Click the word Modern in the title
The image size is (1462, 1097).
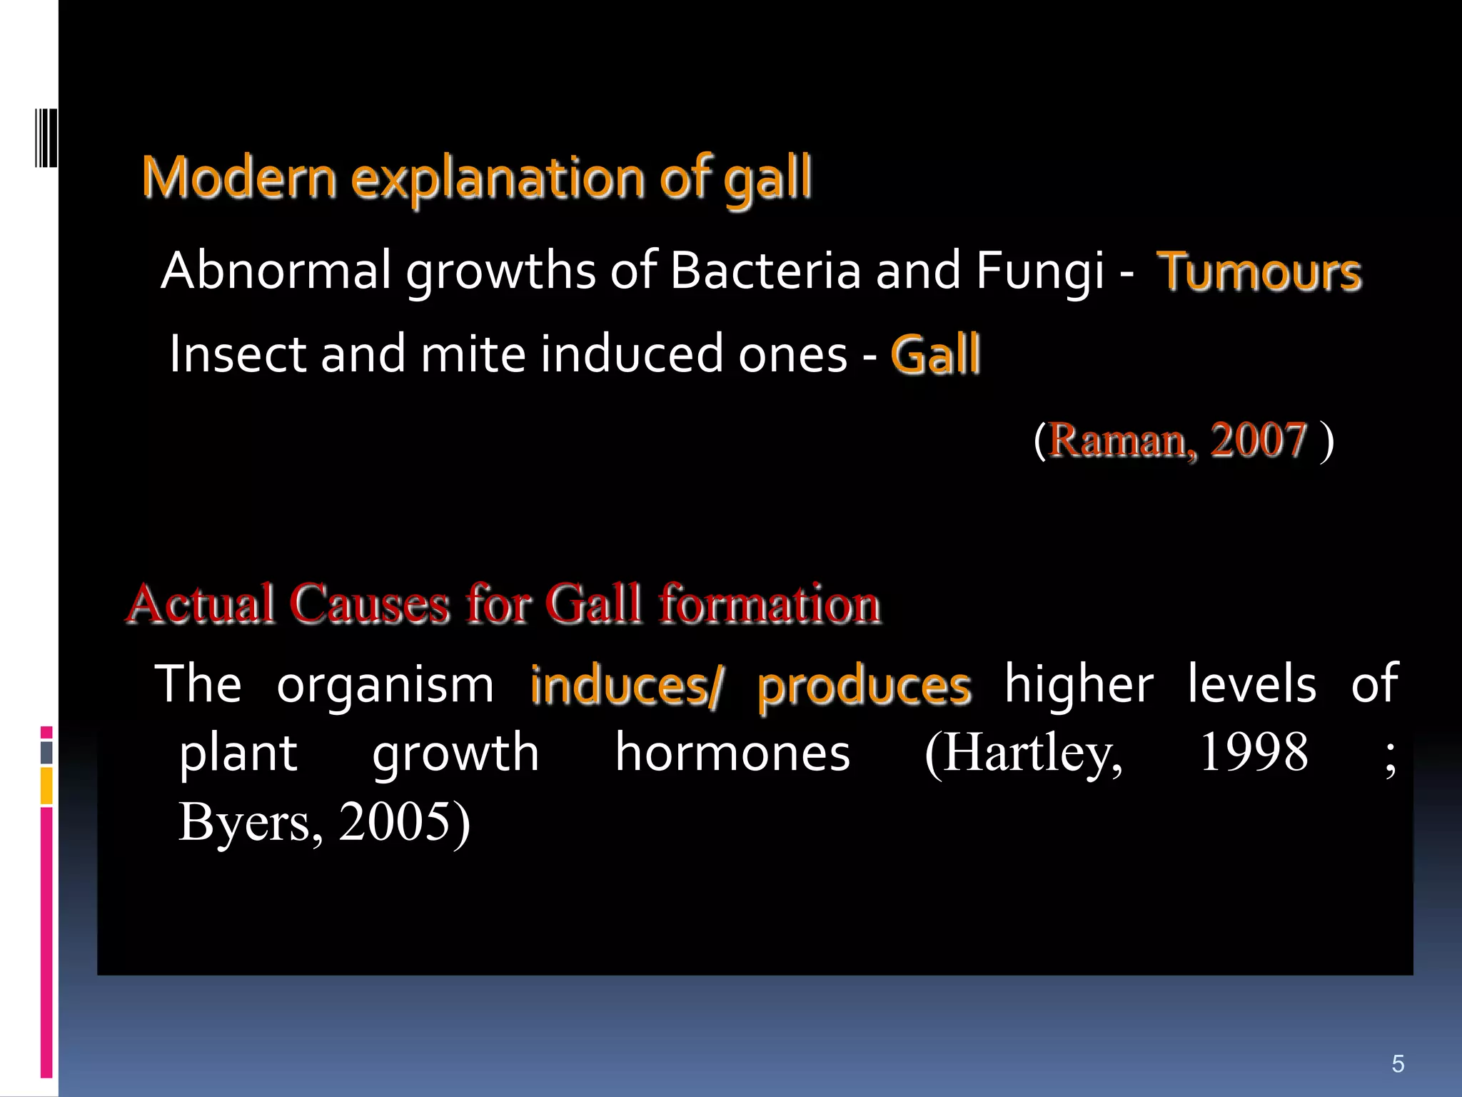click(239, 177)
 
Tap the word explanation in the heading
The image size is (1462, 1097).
click(498, 179)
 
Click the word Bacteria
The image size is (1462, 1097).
click(766, 271)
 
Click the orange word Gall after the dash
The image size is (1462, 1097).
click(935, 355)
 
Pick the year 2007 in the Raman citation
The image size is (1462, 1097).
click(1258, 440)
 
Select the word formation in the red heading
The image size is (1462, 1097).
click(770, 604)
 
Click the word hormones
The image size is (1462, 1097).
click(732, 753)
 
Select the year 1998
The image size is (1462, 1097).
click(1254, 753)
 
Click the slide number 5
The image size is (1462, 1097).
click(1398, 1063)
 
